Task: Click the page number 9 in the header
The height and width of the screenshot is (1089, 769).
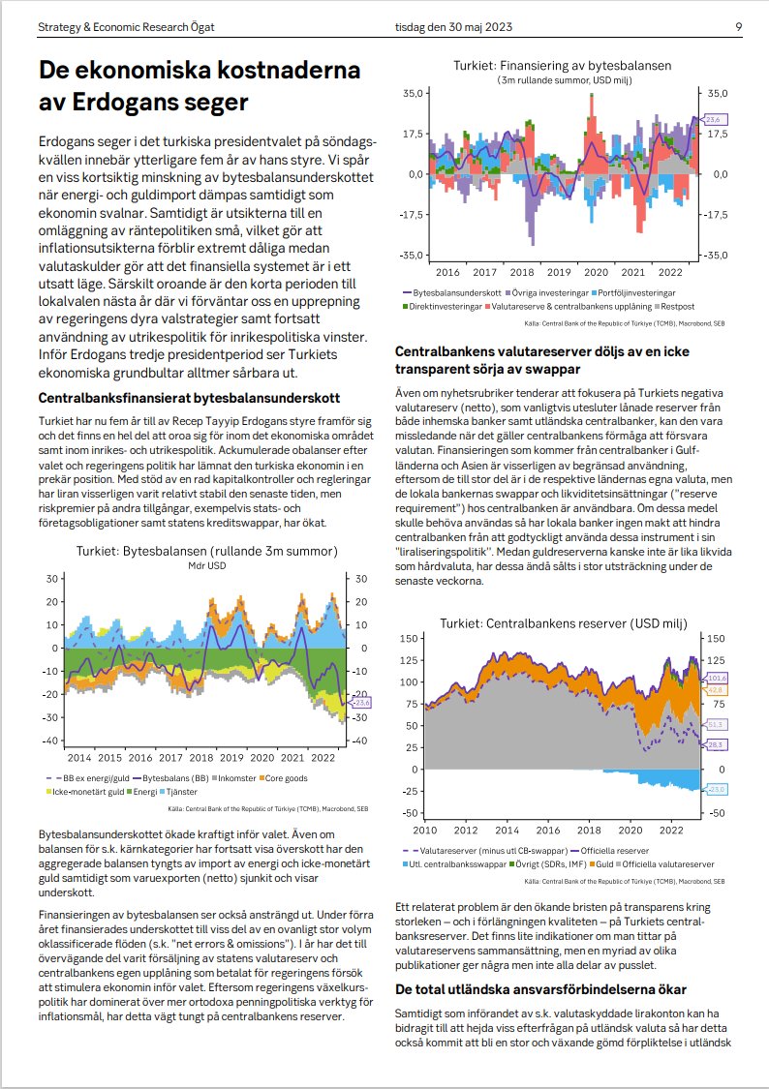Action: pos(738,26)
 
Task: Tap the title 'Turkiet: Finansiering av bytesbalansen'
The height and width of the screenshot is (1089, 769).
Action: pos(562,66)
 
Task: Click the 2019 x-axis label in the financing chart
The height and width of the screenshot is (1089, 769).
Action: pos(560,273)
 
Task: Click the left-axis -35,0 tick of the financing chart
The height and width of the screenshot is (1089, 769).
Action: pos(413,256)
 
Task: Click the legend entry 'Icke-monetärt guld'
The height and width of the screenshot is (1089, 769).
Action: pos(81,791)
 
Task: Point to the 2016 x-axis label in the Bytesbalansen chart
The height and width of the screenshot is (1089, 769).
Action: pos(141,757)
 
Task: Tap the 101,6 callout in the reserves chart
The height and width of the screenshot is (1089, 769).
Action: pos(718,679)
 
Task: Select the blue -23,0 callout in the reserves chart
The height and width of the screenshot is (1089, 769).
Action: pos(717,790)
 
